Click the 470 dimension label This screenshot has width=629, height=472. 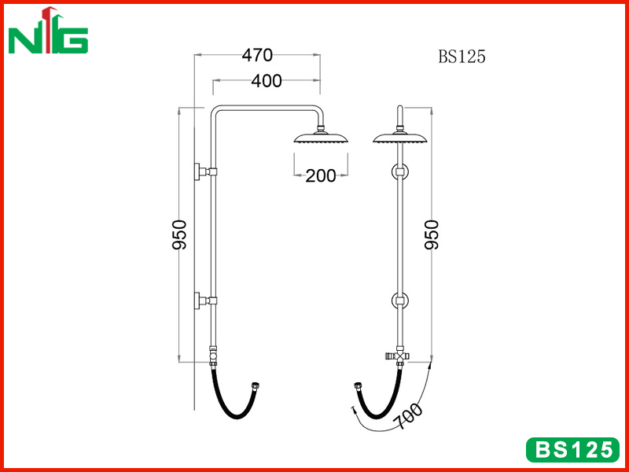coord(257,55)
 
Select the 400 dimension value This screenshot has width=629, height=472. coord(267,82)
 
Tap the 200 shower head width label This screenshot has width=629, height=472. coord(321,175)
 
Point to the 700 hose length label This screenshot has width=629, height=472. coord(408,416)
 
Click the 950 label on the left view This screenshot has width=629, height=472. coord(180,234)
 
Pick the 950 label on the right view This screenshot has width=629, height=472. coord(432,234)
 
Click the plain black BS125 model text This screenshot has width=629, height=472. coord(462,57)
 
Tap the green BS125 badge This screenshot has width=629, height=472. coord(572,449)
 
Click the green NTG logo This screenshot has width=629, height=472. coord(48,31)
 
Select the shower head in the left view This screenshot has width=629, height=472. coord(321,135)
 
